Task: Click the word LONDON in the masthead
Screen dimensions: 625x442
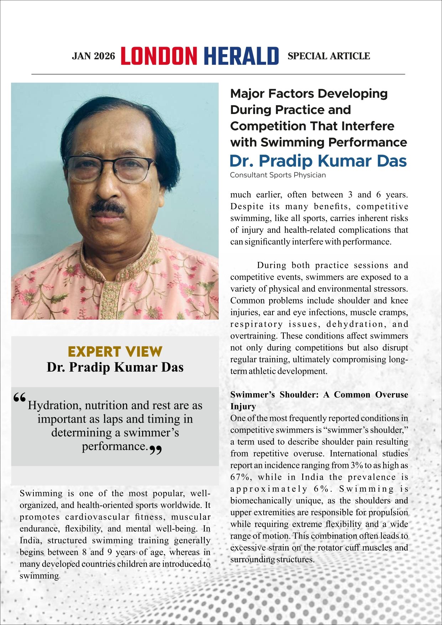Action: (159, 56)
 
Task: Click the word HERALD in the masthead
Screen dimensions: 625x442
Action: (241, 56)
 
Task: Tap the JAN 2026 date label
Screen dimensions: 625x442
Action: (93, 56)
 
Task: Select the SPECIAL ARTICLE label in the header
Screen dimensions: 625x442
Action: (328, 56)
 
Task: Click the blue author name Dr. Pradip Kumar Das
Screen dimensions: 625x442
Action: (318, 161)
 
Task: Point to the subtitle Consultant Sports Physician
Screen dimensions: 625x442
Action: (277, 175)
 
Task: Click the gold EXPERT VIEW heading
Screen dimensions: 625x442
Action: (115, 352)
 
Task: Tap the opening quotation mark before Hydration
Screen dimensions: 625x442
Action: (20, 398)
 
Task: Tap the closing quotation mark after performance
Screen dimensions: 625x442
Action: (155, 450)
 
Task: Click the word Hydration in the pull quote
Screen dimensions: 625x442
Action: (54, 406)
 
